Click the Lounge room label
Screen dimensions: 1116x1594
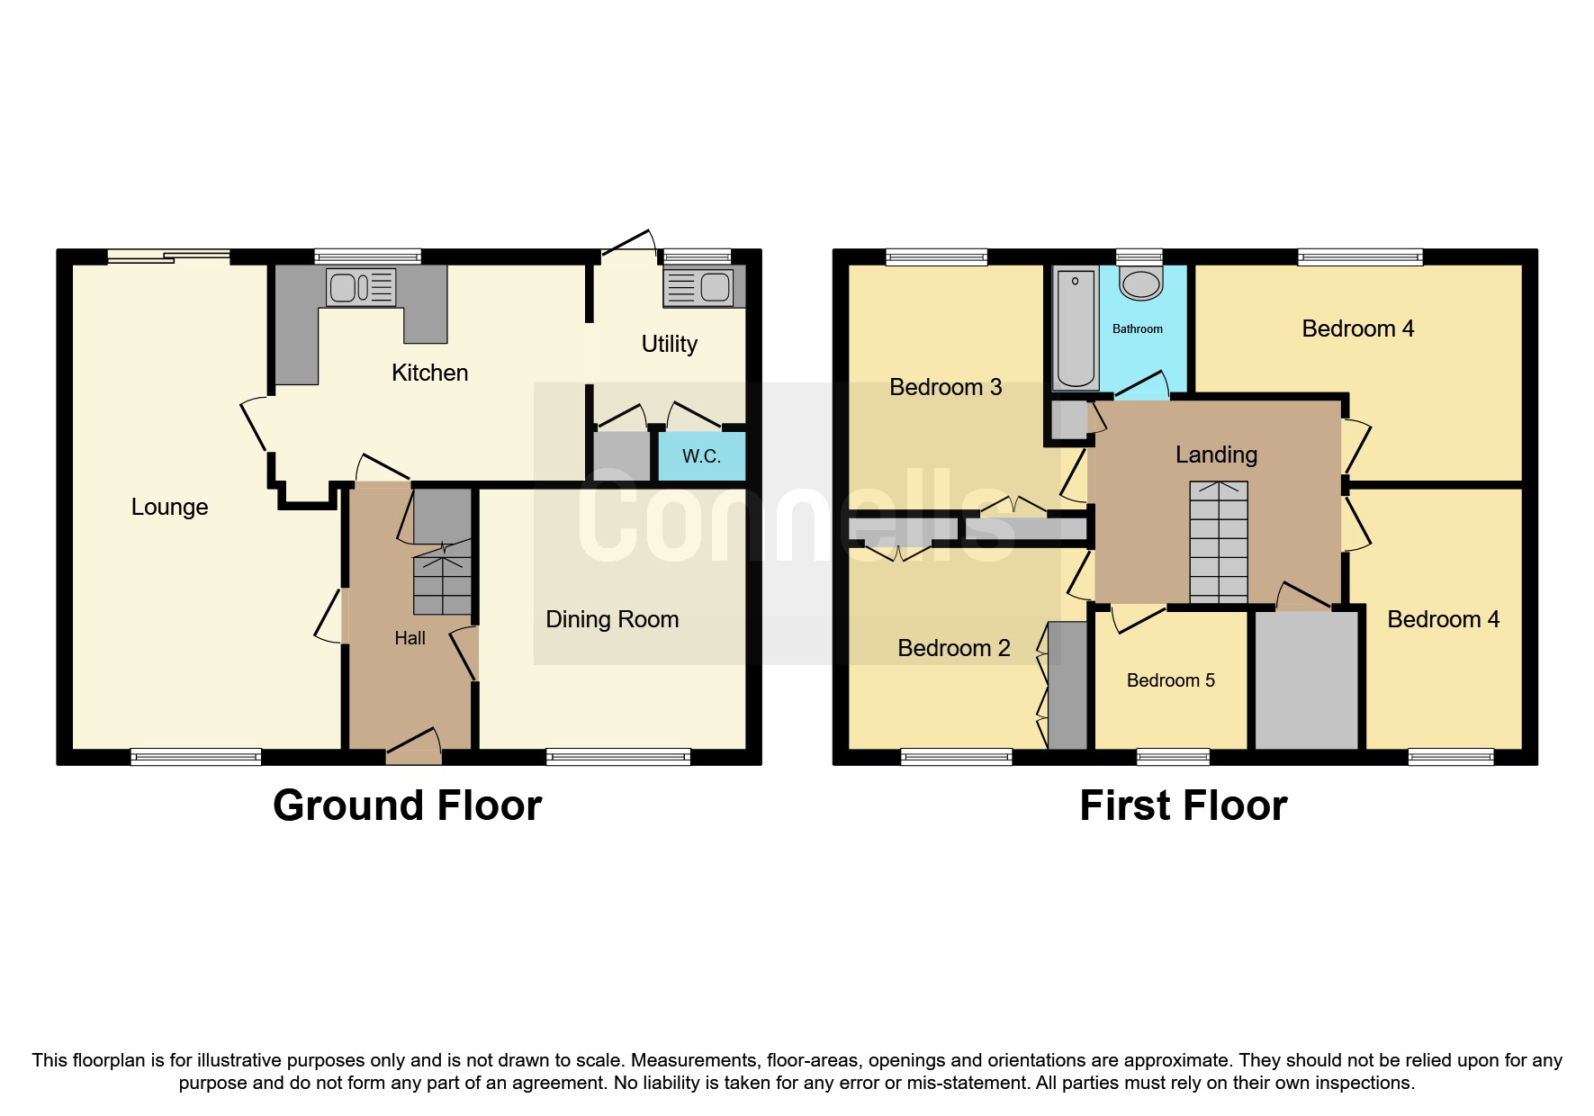point(169,507)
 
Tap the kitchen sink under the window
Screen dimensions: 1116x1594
point(361,287)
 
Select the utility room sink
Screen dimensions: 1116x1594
point(698,287)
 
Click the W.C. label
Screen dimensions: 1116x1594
point(701,456)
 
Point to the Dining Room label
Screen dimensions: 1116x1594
point(612,619)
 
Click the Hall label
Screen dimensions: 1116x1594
point(410,638)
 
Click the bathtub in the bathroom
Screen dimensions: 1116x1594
point(1076,328)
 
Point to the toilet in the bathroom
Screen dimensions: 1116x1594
point(1140,283)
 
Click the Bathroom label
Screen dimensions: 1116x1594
point(1137,329)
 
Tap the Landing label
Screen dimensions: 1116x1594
point(1216,454)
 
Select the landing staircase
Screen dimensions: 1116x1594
point(1219,542)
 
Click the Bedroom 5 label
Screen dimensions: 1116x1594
point(1170,680)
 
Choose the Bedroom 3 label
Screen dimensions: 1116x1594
point(945,387)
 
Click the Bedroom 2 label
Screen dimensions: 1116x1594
point(953,648)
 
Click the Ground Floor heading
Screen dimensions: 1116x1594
point(407,805)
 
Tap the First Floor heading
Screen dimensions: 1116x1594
point(1183,805)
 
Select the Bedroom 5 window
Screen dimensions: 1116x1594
point(1173,757)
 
